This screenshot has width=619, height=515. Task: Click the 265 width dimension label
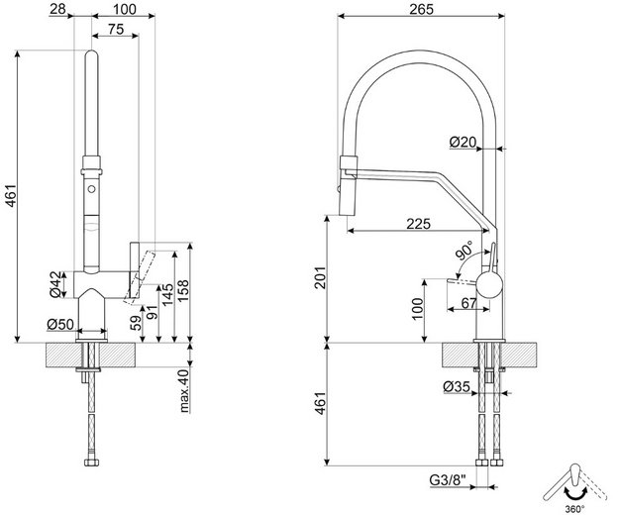tap(421, 9)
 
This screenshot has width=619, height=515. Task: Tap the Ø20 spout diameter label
tap(464, 142)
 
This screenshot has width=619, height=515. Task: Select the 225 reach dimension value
tap(419, 224)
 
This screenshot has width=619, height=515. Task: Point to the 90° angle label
tap(464, 251)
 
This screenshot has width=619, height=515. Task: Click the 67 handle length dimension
tap(468, 303)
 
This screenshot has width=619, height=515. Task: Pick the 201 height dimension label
tap(320, 277)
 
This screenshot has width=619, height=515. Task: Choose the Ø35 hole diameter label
tap(457, 386)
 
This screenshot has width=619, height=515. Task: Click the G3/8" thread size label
tap(448, 480)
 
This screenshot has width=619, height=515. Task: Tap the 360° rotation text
tap(574, 509)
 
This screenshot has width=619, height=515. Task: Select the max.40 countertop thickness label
tap(184, 390)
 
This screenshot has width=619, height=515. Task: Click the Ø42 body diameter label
tap(56, 284)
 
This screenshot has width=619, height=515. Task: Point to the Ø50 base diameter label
tap(60, 325)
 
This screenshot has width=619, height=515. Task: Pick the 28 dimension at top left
tap(58, 9)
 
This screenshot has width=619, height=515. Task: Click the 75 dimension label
tap(116, 29)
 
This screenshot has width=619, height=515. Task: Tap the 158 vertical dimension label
tap(183, 291)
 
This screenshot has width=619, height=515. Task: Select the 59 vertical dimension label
tap(136, 323)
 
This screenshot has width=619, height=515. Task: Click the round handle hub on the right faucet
tap(489, 284)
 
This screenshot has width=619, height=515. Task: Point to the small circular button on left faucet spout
tap(91, 188)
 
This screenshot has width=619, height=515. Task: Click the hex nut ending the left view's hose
tap(91, 463)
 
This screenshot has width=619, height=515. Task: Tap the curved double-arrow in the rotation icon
tap(575, 495)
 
